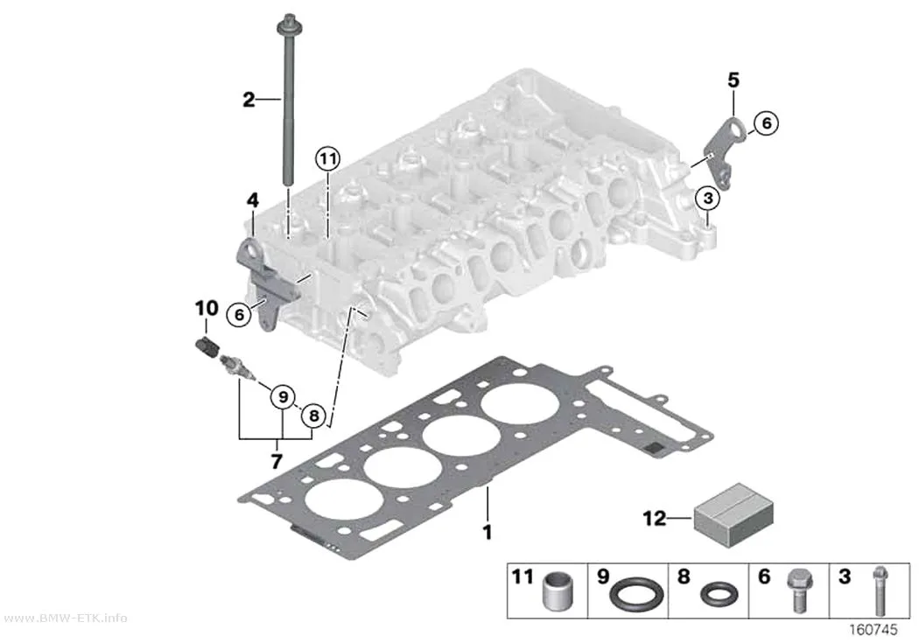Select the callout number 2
point(249,100)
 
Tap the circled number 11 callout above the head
point(327,158)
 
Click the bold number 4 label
point(252,201)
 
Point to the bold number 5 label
point(733,80)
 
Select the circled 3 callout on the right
point(708,199)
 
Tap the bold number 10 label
point(207,308)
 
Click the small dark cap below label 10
point(206,347)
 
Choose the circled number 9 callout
point(283,398)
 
